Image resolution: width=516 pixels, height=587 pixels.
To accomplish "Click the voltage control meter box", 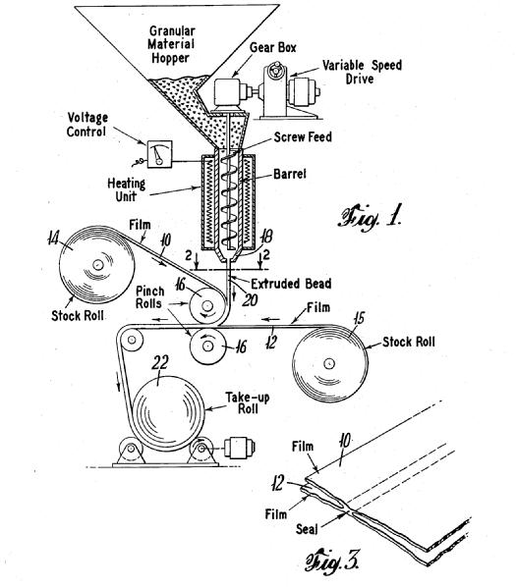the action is tap(159, 154).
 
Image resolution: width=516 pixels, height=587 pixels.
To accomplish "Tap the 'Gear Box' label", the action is tap(273, 47).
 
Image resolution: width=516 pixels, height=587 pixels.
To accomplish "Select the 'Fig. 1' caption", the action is tap(371, 217).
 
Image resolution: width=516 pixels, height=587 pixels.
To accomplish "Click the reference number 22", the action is tap(160, 362).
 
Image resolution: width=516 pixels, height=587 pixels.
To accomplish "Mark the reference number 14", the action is tap(54, 238).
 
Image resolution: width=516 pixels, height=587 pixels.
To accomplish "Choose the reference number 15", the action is tap(358, 319).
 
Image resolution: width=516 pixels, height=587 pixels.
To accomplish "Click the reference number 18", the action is tap(267, 237).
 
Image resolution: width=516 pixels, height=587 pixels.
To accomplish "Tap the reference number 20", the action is tap(250, 299).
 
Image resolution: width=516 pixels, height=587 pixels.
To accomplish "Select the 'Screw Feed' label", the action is tap(303, 137).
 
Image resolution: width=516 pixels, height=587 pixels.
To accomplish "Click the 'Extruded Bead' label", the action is tap(291, 284).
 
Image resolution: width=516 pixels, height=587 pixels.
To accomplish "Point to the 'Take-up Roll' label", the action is tap(248, 402).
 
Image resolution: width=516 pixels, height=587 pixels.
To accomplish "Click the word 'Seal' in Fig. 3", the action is tap(307, 529).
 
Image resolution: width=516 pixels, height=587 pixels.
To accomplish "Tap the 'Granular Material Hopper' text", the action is tap(171, 44).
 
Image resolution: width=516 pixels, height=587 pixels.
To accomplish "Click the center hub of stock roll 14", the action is tap(97, 265).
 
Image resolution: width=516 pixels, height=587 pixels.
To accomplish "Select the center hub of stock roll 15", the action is tap(329, 363).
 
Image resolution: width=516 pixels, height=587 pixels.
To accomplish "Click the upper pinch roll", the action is tap(206, 306).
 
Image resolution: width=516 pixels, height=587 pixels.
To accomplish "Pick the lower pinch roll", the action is tap(207, 346).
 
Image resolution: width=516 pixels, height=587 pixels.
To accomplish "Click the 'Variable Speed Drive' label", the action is tap(362, 72).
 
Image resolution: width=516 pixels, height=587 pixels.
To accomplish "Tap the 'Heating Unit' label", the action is tap(126, 189).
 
